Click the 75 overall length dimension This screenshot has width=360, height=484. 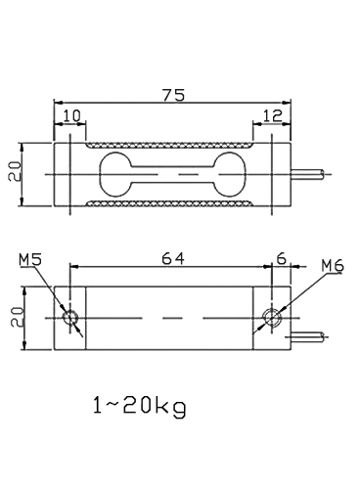[x=173, y=95]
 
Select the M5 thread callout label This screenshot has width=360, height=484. [x=29, y=259]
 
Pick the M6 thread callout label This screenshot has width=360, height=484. [x=334, y=265]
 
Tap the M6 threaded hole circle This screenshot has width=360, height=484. [x=273, y=318]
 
